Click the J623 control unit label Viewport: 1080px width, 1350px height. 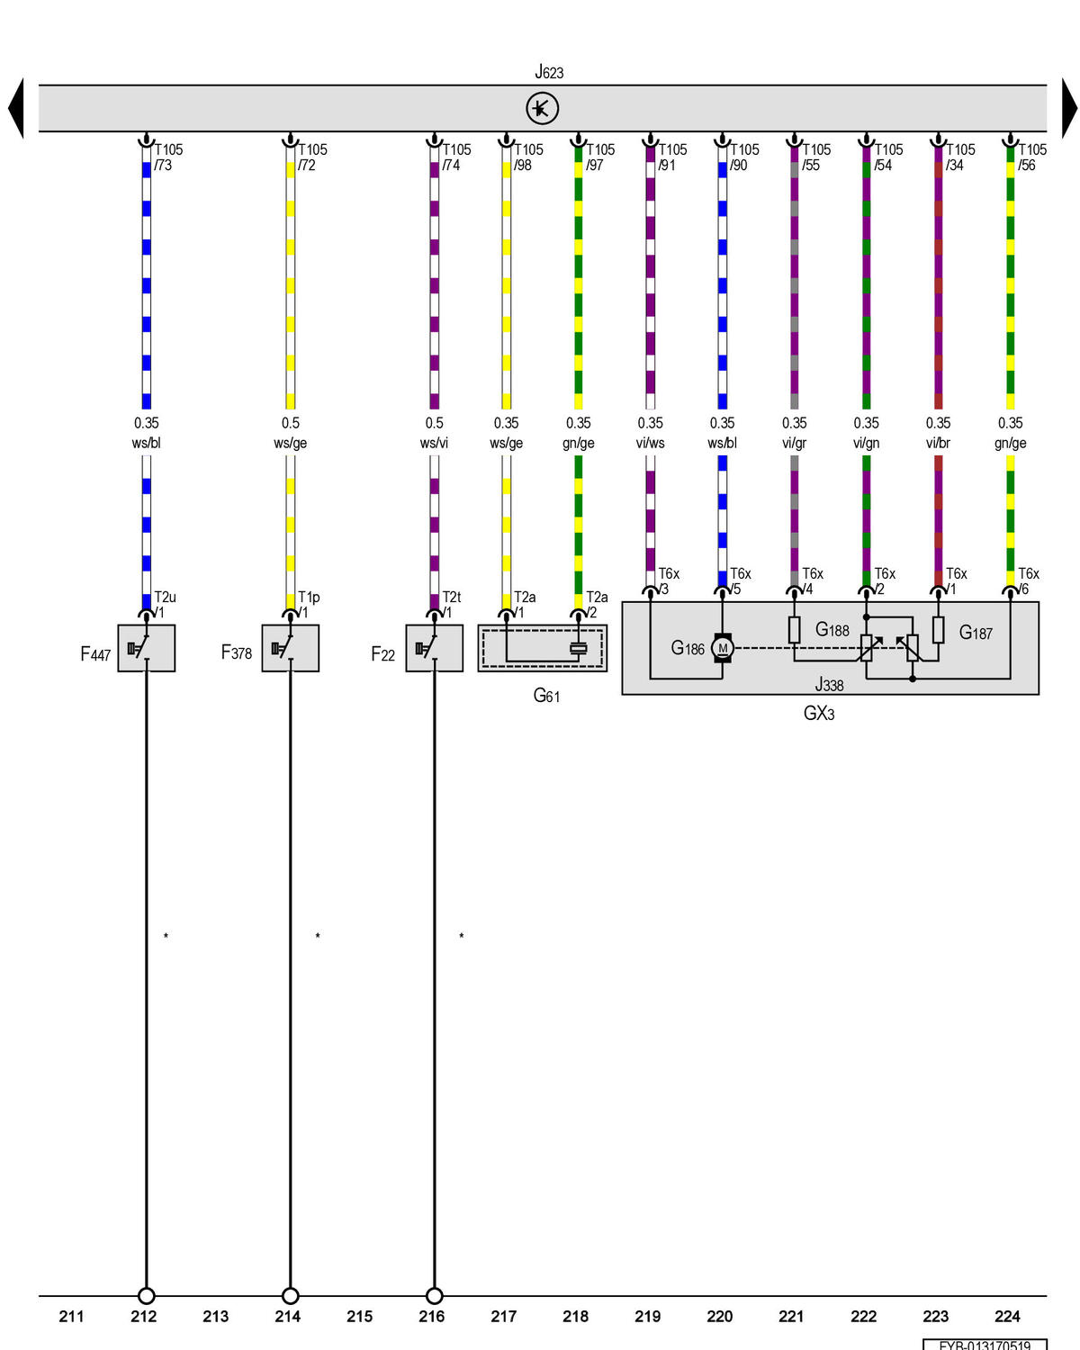tap(548, 72)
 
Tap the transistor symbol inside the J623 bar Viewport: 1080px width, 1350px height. tap(542, 108)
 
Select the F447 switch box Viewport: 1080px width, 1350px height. tap(146, 648)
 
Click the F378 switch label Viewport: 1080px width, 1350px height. tap(236, 652)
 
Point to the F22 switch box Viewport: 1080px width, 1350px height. tap(435, 648)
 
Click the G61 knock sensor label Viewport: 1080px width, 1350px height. tap(546, 695)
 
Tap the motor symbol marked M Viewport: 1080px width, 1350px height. tap(723, 648)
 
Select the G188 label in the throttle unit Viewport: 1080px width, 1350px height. tap(832, 629)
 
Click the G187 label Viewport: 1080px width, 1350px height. tap(976, 633)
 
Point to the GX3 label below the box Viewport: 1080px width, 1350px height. tap(818, 714)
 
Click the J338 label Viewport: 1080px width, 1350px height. tap(828, 684)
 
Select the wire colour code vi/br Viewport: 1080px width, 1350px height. tap(938, 443)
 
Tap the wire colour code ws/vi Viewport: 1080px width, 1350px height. tap(434, 443)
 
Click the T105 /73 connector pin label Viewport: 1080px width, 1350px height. tap(168, 157)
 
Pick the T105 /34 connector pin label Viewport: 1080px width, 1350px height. tap(960, 157)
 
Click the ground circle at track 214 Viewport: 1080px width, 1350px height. tap(290, 1295)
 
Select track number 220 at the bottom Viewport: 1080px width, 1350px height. tap(719, 1316)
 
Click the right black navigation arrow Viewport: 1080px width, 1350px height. tap(1069, 108)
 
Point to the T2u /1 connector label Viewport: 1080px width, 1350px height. tap(165, 605)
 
